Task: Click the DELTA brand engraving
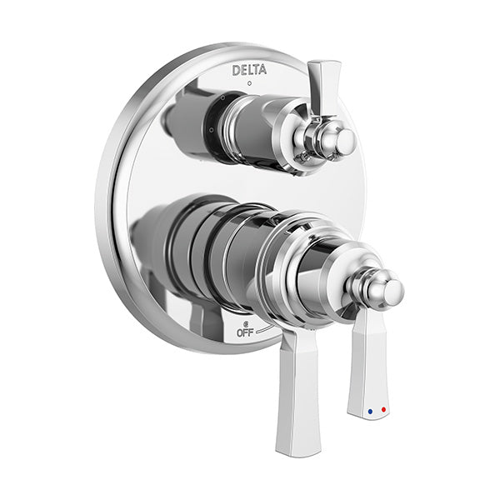point(249,70)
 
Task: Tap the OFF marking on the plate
point(245,332)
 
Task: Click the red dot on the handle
point(383,409)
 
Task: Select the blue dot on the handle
point(370,412)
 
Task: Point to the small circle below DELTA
point(249,83)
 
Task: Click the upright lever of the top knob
point(322,88)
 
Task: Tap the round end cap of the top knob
point(347,142)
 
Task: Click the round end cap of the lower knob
point(393,292)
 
